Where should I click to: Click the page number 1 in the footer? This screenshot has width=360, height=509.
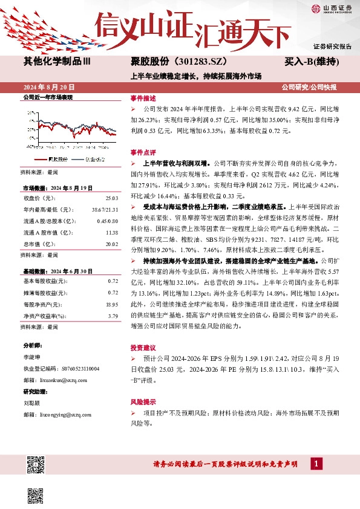coord(316,464)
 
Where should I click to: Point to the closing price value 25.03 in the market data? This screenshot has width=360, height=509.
coord(111,198)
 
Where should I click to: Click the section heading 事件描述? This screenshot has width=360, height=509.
coord(143,99)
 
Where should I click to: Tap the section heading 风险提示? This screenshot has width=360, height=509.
coord(143,402)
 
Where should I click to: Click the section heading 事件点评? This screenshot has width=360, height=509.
coord(143,152)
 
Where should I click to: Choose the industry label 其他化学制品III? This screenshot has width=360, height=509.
coord(57,62)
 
